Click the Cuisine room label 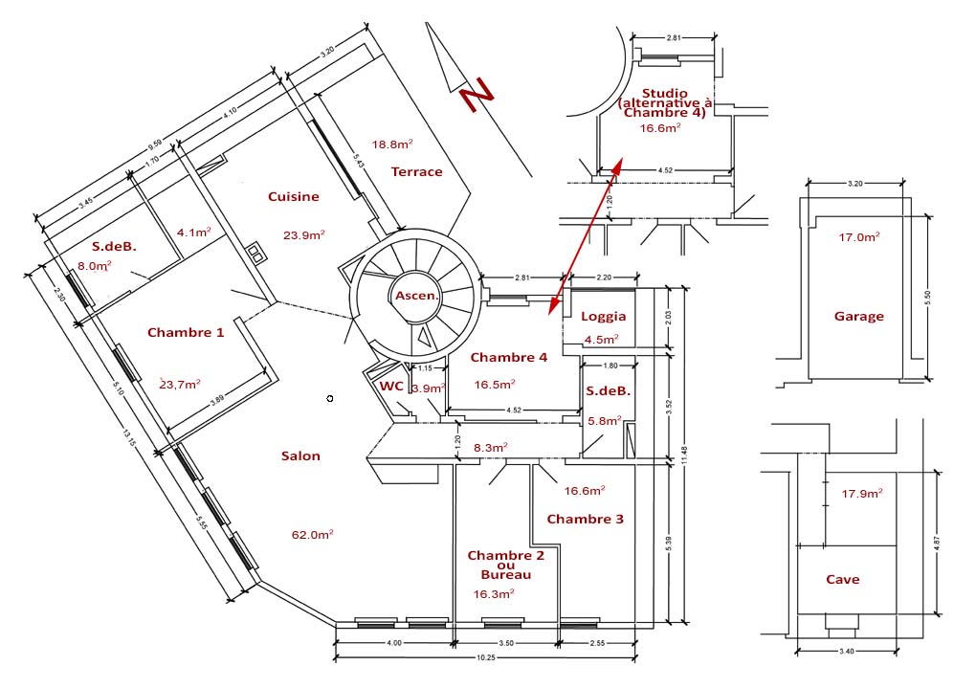(294, 196)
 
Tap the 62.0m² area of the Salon (312, 534)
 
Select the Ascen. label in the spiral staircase (416, 296)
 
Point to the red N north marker (475, 98)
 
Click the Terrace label (417, 171)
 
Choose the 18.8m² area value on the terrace (392, 144)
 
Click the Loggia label (604, 316)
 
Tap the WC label (391, 387)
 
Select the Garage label (858, 316)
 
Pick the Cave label (842, 579)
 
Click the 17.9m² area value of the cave (861, 494)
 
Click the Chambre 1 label (186, 332)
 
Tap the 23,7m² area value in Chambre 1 (180, 384)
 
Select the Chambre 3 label (585, 519)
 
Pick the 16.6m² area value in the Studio (660, 128)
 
